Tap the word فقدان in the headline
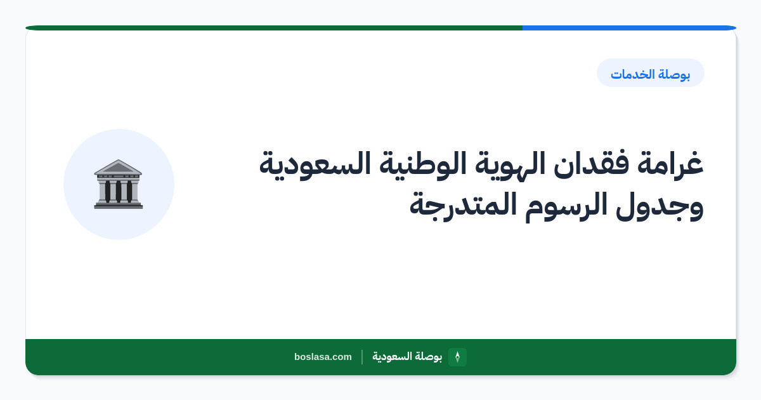[x=592, y=164]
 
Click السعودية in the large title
[x=315, y=164]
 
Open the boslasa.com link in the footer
[x=323, y=357]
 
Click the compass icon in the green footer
[x=458, y=357]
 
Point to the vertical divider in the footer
[x=362, y=357]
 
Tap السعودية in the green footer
[x=391, y=356]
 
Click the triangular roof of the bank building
[x=118, y=167]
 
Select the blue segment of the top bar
[x=629, y=28]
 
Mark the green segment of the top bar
[x=274, y=28]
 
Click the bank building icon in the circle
[x=118, y=184]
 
